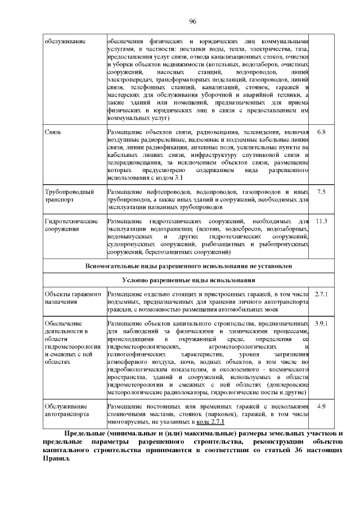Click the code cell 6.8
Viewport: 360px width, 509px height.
point(321,132)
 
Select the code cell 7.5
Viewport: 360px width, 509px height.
point(321,192)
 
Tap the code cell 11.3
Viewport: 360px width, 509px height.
point(321,221)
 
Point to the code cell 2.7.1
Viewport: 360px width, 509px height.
point(321,294)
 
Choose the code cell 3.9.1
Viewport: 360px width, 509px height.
point(321,325)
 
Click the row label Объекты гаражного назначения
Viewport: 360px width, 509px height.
point(73,298)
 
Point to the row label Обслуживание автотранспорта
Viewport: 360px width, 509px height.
point(66,410)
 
